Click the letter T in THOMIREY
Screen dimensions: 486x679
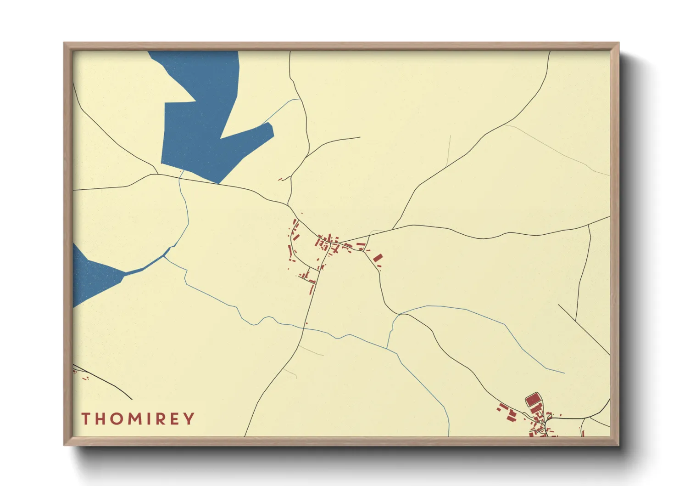point(86,418)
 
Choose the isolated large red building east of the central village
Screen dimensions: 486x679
point(378,258)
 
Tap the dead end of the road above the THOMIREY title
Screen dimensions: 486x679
point(132,399)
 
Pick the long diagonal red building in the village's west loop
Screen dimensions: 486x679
point(290,251)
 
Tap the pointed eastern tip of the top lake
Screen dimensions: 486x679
point(273,131)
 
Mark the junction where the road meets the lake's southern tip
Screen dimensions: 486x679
point(218,183)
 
